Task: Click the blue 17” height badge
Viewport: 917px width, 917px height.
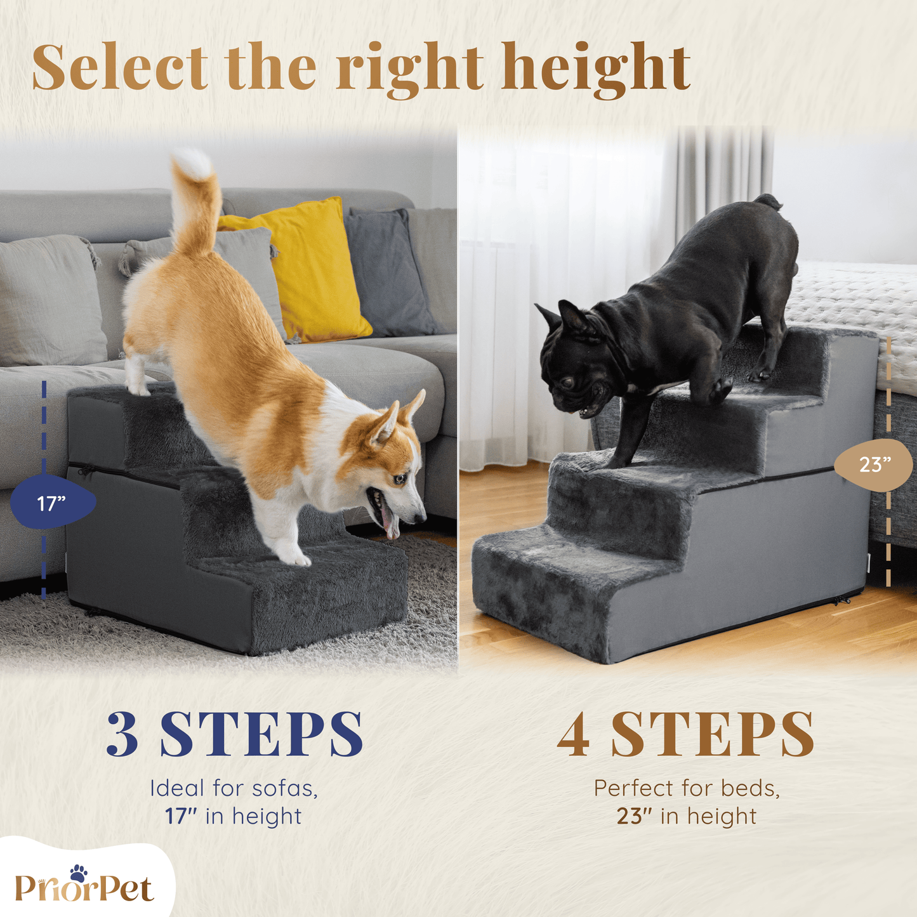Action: coord(53,501)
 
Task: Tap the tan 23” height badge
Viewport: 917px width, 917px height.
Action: coord(873,464)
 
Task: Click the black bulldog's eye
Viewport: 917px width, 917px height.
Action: coord(567,382)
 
